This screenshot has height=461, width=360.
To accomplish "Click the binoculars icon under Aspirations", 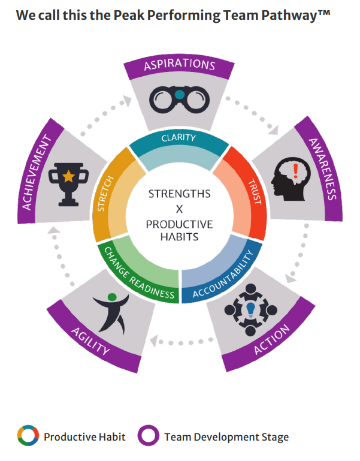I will click(179, 100).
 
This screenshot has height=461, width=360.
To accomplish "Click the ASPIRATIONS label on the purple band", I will click(179, 64).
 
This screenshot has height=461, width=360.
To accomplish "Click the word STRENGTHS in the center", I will click(179, 194).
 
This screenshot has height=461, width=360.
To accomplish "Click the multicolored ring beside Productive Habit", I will click(28, 436).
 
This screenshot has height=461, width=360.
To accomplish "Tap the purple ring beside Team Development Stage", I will click(149, 436).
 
